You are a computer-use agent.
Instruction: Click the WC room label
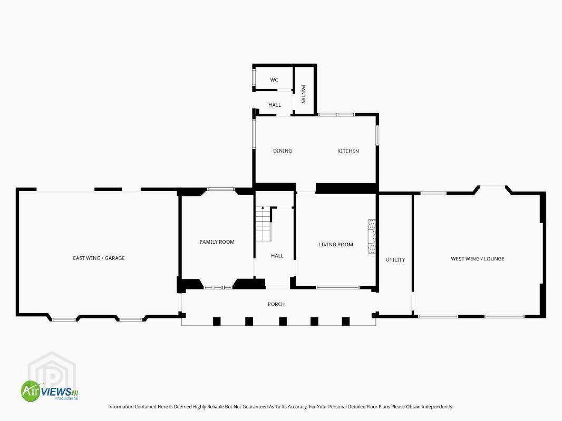(274, 80)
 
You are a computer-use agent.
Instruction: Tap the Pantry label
(303, 94)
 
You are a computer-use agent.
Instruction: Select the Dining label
(283, 151)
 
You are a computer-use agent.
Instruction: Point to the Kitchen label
(348, 151)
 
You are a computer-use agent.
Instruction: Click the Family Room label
(217, 242)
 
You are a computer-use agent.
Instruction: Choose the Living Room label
(336, 245)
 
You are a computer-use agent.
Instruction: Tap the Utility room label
(395, 259)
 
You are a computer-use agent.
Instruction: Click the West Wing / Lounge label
(478, 258)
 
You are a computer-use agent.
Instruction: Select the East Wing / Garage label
(99, 258)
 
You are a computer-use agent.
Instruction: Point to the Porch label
(276, 304)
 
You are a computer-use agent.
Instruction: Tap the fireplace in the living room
(372, 236)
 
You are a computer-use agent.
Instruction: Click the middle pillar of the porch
(283, 321)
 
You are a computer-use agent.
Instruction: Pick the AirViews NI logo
(50, 391)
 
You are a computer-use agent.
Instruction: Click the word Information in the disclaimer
(121, 407)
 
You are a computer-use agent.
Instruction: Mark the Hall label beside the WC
(275, 105)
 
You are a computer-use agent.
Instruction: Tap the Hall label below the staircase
(277, 256)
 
